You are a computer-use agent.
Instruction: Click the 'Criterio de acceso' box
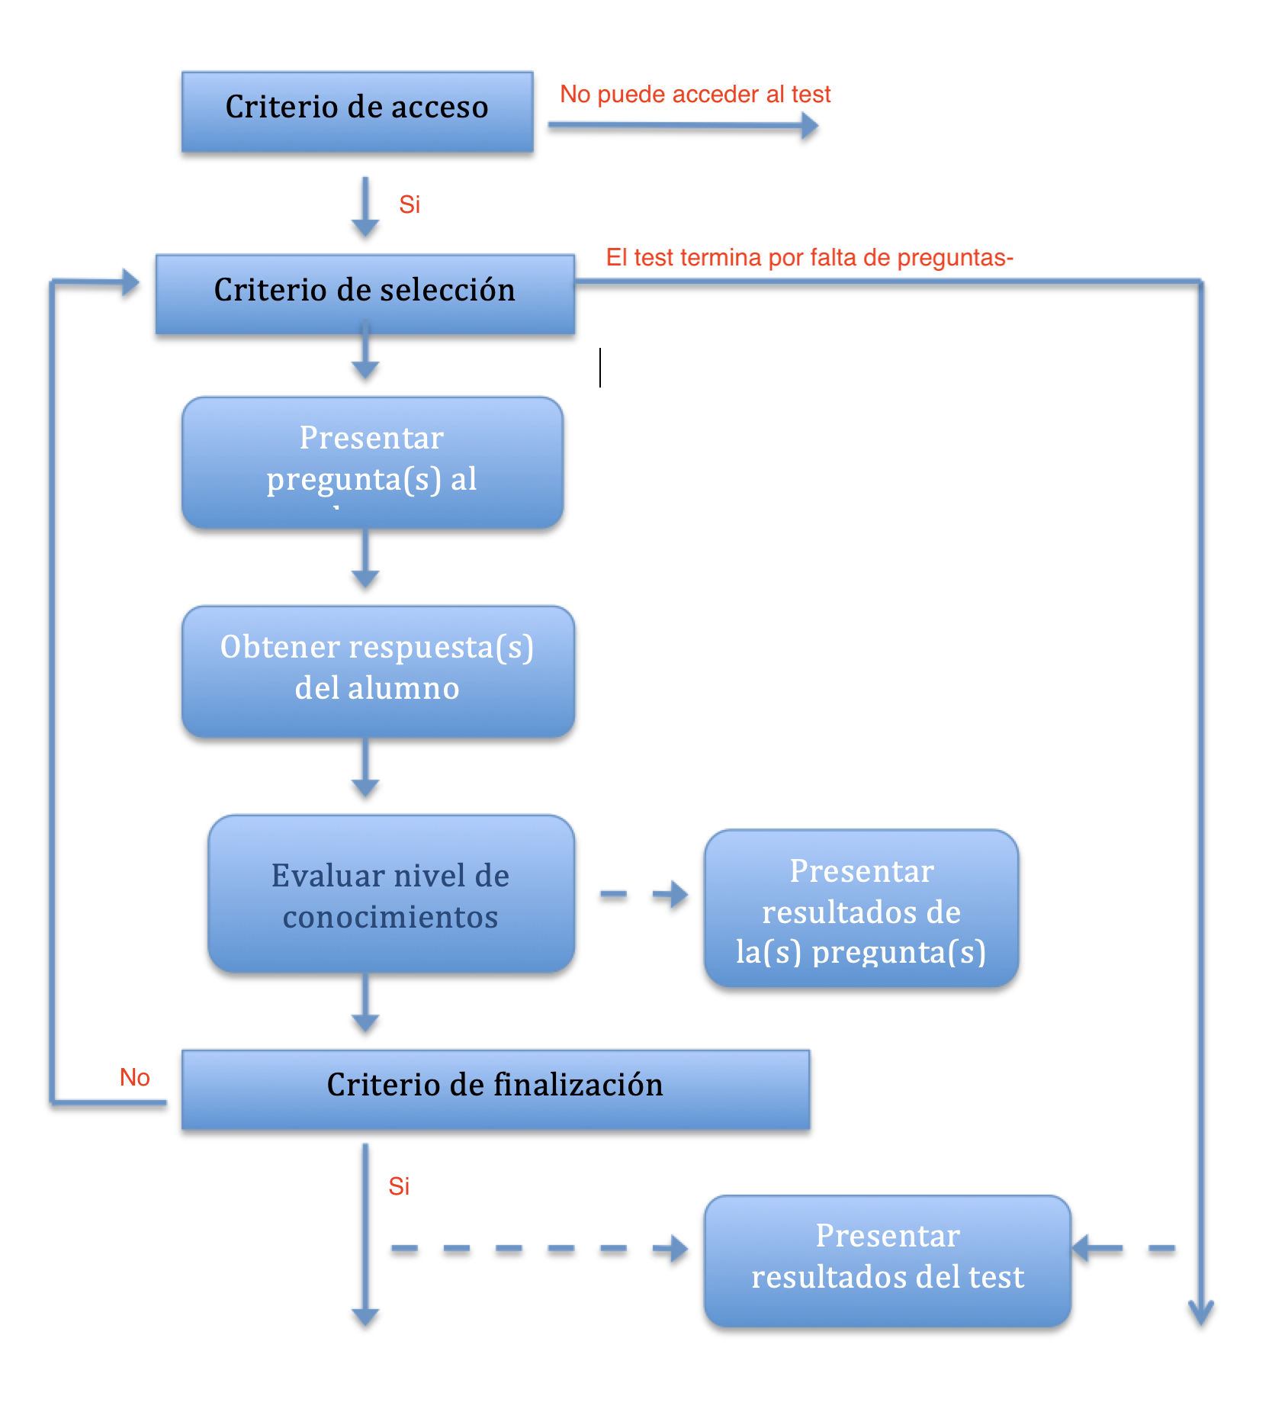click(357, 111)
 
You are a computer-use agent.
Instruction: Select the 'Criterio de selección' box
click(365, 294)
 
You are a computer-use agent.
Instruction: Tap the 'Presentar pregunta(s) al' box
click(372, 462)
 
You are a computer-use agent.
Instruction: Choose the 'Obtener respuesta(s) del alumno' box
click(377, 671)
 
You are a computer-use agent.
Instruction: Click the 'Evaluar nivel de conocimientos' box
click(390, 893)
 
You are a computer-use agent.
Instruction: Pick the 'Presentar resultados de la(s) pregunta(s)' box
click(861, 909)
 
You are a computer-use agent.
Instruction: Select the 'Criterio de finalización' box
click(495, 1089)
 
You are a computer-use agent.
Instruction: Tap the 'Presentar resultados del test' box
click(887, 1260)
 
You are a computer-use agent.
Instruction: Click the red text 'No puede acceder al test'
click(695, 94)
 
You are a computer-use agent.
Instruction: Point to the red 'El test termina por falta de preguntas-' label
click(809, 258)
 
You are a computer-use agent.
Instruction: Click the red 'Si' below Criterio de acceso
click(410, 204)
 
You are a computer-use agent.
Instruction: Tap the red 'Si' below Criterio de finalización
click(399, 1186)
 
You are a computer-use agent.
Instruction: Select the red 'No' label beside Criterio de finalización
click(135, 1077)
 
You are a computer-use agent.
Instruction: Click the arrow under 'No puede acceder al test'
click(683, 126)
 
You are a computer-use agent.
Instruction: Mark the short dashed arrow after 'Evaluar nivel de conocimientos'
click(644, 894)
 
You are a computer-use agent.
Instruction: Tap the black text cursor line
click(600, 368)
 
